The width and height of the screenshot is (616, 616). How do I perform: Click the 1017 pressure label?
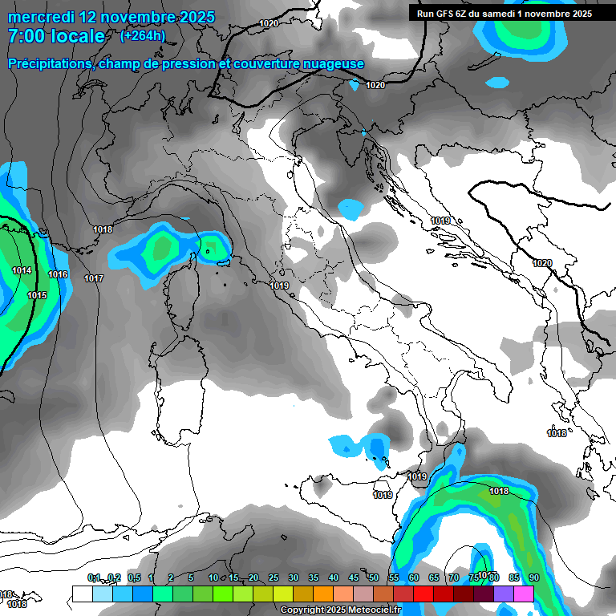pyautogui.click(x=94, y=278)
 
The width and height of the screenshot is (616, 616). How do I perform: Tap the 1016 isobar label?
pyautogui.click(x=58, y=274)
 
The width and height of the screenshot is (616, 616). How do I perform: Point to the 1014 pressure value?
pyautogui.click(x=22, y=270)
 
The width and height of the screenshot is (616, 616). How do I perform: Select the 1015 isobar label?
pyautogui.click(x=37, y=295)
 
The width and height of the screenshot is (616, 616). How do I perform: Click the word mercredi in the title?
pyautogui.click(x=39, y=17)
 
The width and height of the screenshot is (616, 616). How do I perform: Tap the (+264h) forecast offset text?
pyautogui.click(x=142, y=35)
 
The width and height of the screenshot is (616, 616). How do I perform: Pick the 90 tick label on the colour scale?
pyautogui.click(x=534, y=577)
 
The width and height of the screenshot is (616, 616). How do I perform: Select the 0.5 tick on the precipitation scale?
pyautogui.click(x=133, y=577)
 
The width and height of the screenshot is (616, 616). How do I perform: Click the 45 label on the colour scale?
pyautogui.click(x=354, y=577)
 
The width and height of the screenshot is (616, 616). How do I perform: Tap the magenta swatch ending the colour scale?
pyautogui.click(x=524, y=594)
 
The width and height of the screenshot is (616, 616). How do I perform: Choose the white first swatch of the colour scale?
pyautogui.click(x=82, y=594)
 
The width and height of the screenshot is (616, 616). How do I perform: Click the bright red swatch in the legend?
pyautogui.click(x=403, y=594)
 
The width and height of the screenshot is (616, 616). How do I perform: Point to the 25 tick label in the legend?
pyautogui.click(x=274, y=577)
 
